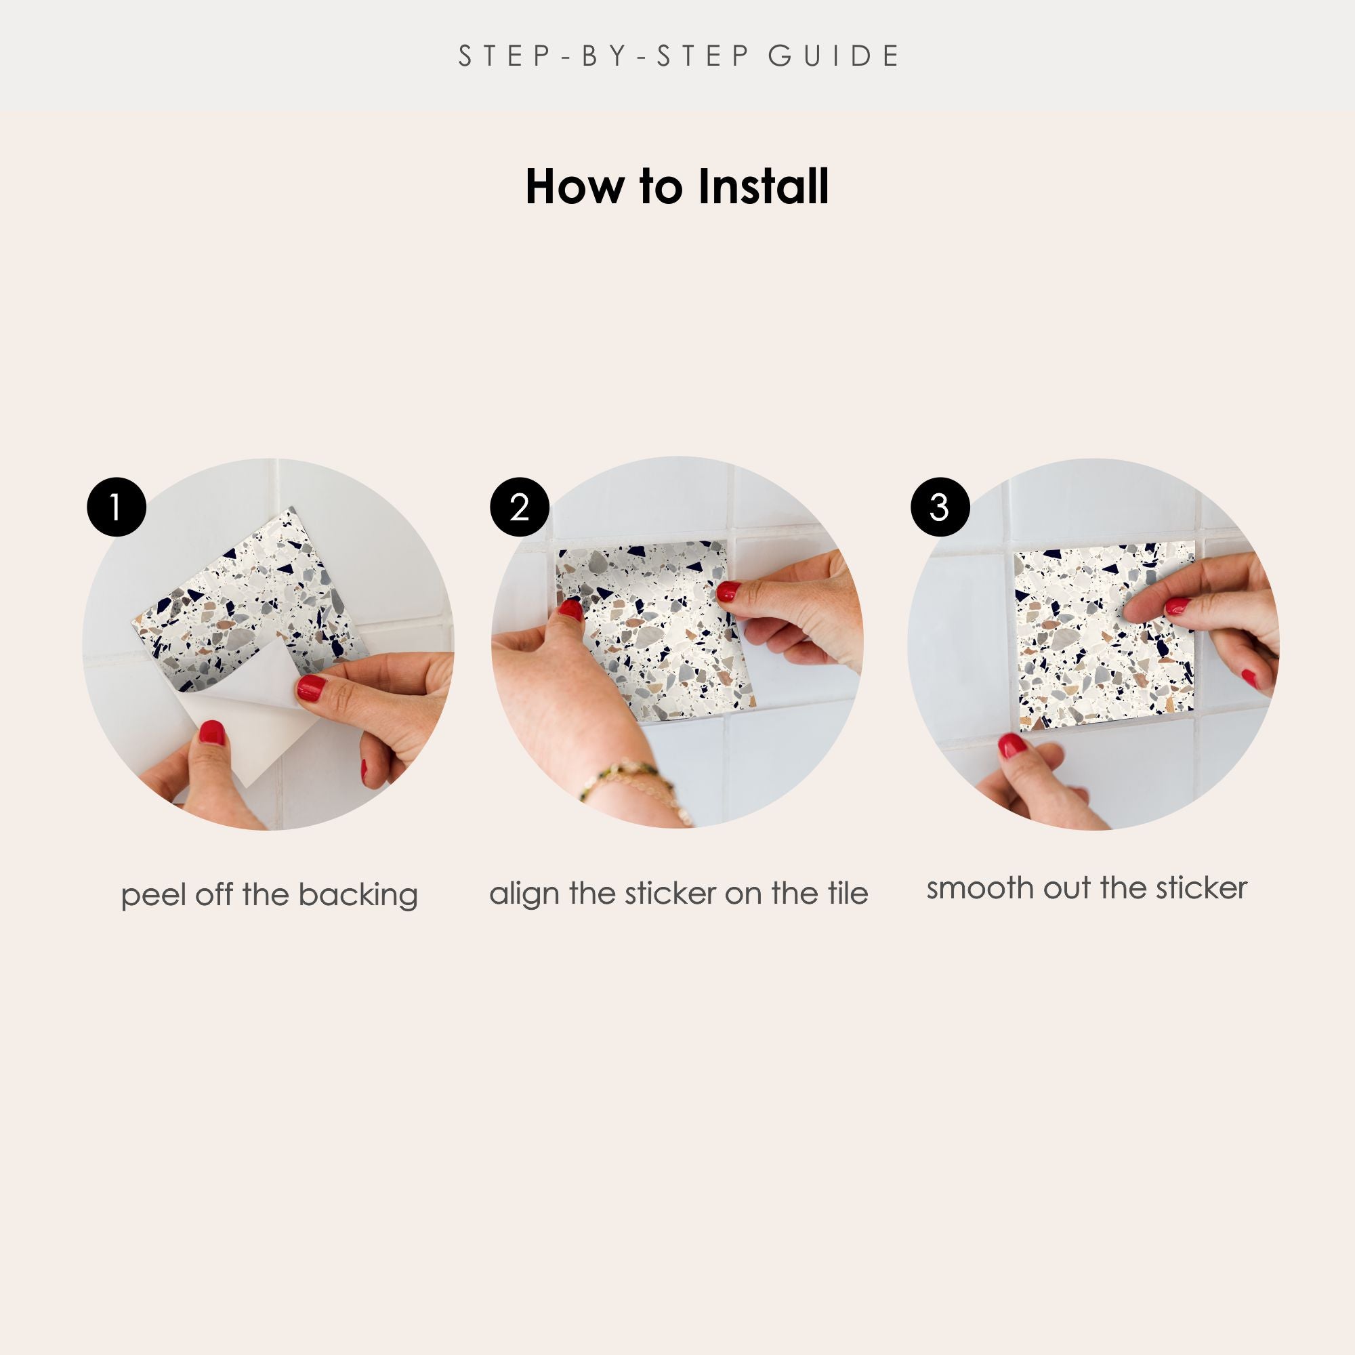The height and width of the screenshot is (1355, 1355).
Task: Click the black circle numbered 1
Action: coord(117,507)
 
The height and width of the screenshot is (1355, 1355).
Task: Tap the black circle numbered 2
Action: coord(520,507)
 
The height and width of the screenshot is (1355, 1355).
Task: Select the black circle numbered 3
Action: coord(940,507)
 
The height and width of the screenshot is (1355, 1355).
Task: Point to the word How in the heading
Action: coord(577,187)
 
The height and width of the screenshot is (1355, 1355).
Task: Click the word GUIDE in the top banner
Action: coord(833,56)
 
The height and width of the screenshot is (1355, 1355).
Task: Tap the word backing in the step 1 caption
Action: coord(358,896)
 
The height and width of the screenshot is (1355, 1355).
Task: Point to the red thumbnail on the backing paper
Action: coord(211,734)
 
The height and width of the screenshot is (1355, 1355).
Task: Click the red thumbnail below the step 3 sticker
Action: coord(1012,745)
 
